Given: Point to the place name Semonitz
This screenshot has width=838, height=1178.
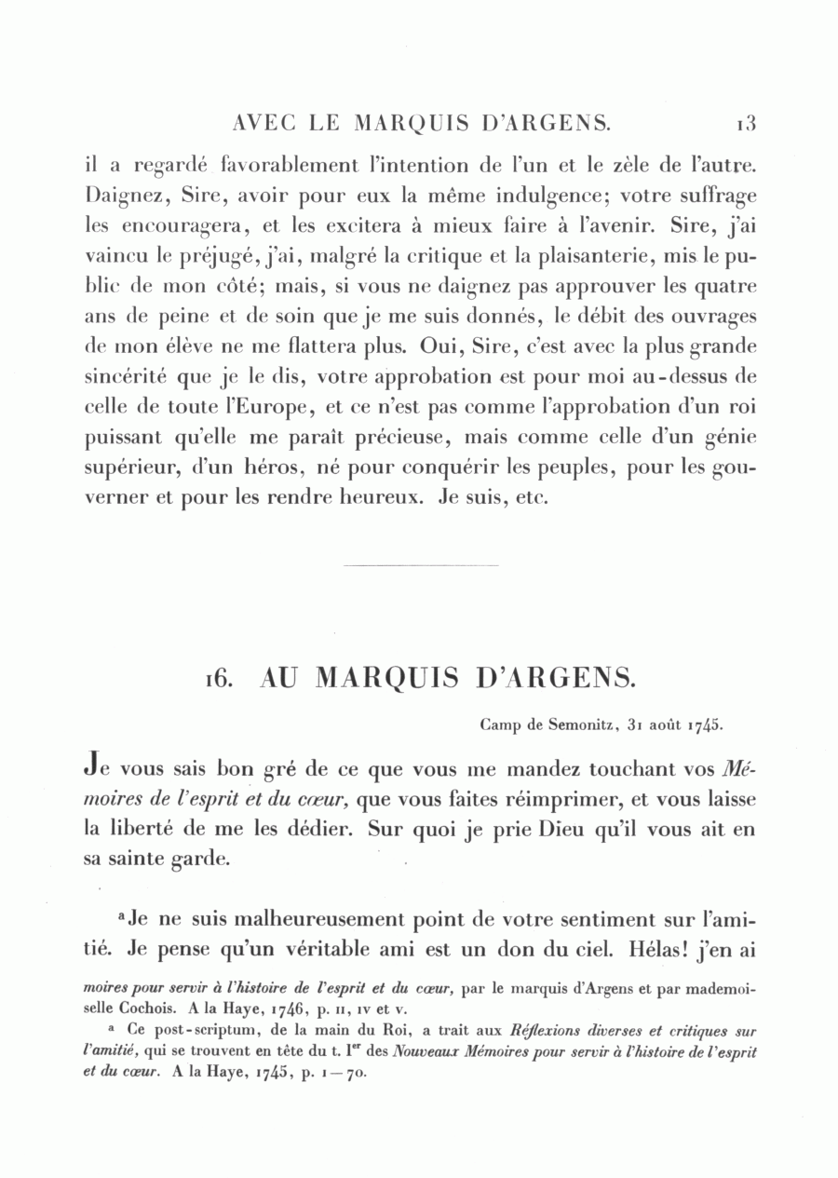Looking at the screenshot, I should coord(571,722).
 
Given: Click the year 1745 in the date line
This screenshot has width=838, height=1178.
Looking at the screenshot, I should coord(708,722).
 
